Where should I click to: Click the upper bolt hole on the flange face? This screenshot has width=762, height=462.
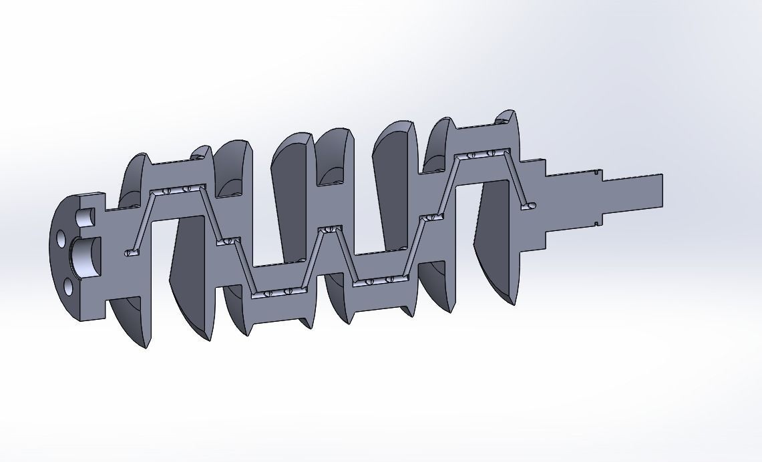point(61,238)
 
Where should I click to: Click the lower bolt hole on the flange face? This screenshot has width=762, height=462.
point(68,287)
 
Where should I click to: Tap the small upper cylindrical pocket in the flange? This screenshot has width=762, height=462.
point(85,217)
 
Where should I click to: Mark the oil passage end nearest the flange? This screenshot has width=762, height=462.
point(130,253)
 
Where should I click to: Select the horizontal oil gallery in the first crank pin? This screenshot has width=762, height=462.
point(177,190)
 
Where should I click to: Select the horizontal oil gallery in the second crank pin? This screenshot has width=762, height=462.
point(277,292)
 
